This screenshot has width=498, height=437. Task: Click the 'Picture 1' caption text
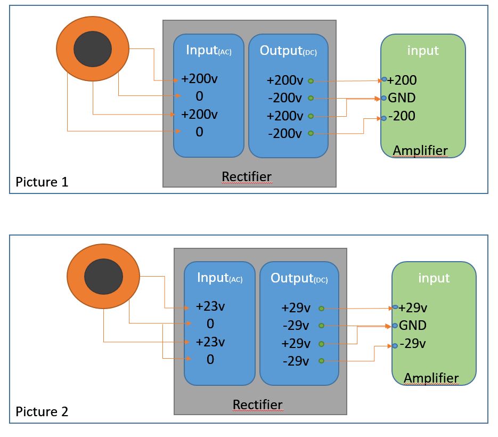42,182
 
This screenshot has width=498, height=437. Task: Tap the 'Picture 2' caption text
42,411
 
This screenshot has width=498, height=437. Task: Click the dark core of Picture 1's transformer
92,49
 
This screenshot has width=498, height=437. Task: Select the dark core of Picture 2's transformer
103,277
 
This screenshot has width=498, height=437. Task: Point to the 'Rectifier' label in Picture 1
247,176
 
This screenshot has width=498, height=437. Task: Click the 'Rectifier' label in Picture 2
257,404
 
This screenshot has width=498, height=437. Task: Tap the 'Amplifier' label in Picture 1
420,151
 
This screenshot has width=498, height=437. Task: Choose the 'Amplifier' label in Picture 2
431,378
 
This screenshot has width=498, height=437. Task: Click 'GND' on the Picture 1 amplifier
402,98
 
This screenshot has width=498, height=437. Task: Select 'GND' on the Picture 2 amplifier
413,325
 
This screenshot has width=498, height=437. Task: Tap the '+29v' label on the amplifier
413,308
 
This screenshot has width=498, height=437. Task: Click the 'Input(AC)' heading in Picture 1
209,51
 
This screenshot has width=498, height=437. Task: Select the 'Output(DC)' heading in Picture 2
299,278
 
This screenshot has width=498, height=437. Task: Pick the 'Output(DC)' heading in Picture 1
288,51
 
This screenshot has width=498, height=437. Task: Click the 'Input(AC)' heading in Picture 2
219,278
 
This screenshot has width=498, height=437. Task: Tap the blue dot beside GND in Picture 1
383,98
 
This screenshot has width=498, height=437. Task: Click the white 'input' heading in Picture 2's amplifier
434,278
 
